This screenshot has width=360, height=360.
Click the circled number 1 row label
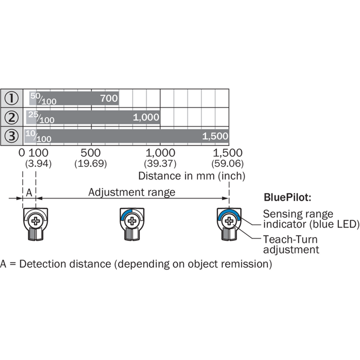pos(11,98)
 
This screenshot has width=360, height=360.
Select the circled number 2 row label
pos(11,117)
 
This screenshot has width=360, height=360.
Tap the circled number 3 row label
pos(11,136)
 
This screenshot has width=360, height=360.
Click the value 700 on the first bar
pos(109,98)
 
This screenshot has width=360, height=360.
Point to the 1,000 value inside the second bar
pos(146,118)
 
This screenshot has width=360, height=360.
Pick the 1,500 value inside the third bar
pos(215,136)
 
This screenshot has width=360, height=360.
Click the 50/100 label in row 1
pos(43,98)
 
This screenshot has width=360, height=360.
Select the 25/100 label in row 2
pos(41,118)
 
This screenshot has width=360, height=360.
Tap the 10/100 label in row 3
pos(38,136)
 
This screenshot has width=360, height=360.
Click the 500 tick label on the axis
pos(91,153)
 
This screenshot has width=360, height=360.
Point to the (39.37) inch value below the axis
pos(160,164)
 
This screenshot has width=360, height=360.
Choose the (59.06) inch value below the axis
pos(228,164)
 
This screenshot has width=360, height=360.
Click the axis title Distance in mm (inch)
pos(192,176)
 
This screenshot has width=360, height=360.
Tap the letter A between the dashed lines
pos(29,193)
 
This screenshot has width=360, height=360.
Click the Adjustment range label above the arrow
pos(132,192)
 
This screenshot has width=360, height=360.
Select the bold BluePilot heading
pos(287,197)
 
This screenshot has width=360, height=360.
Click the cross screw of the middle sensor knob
pos(132,221)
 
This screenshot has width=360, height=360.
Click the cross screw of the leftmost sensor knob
pos(35,221)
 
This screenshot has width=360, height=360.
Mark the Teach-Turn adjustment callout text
pos(291,244)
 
